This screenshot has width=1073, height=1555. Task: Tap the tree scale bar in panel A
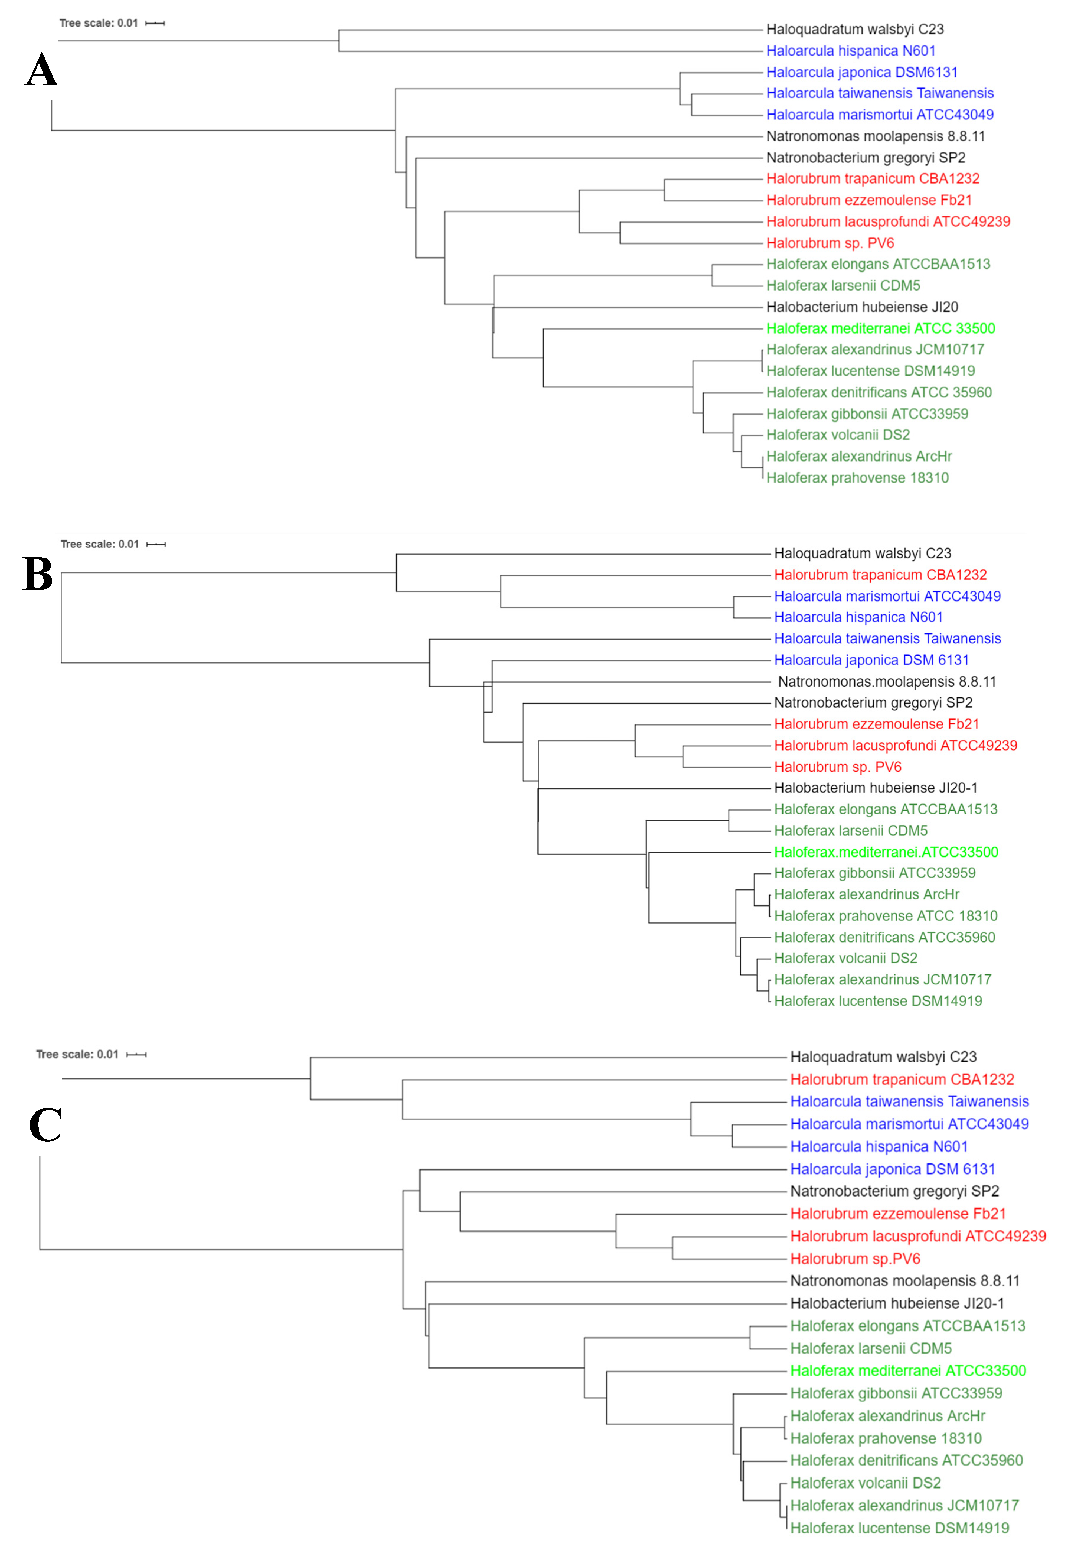point(155,24)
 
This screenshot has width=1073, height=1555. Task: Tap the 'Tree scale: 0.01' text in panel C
point(77,1054)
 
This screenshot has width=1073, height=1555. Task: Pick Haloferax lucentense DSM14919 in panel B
point(877,1001)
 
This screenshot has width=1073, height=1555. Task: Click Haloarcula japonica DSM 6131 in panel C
point(892,1169)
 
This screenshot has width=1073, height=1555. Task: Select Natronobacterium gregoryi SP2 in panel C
point(894,1191)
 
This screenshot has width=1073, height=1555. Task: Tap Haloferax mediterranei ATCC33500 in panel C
point(908,1371)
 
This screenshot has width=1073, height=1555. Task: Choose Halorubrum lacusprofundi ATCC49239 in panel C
point(918,1236)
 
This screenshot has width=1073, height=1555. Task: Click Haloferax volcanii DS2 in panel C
point(865,1483)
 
